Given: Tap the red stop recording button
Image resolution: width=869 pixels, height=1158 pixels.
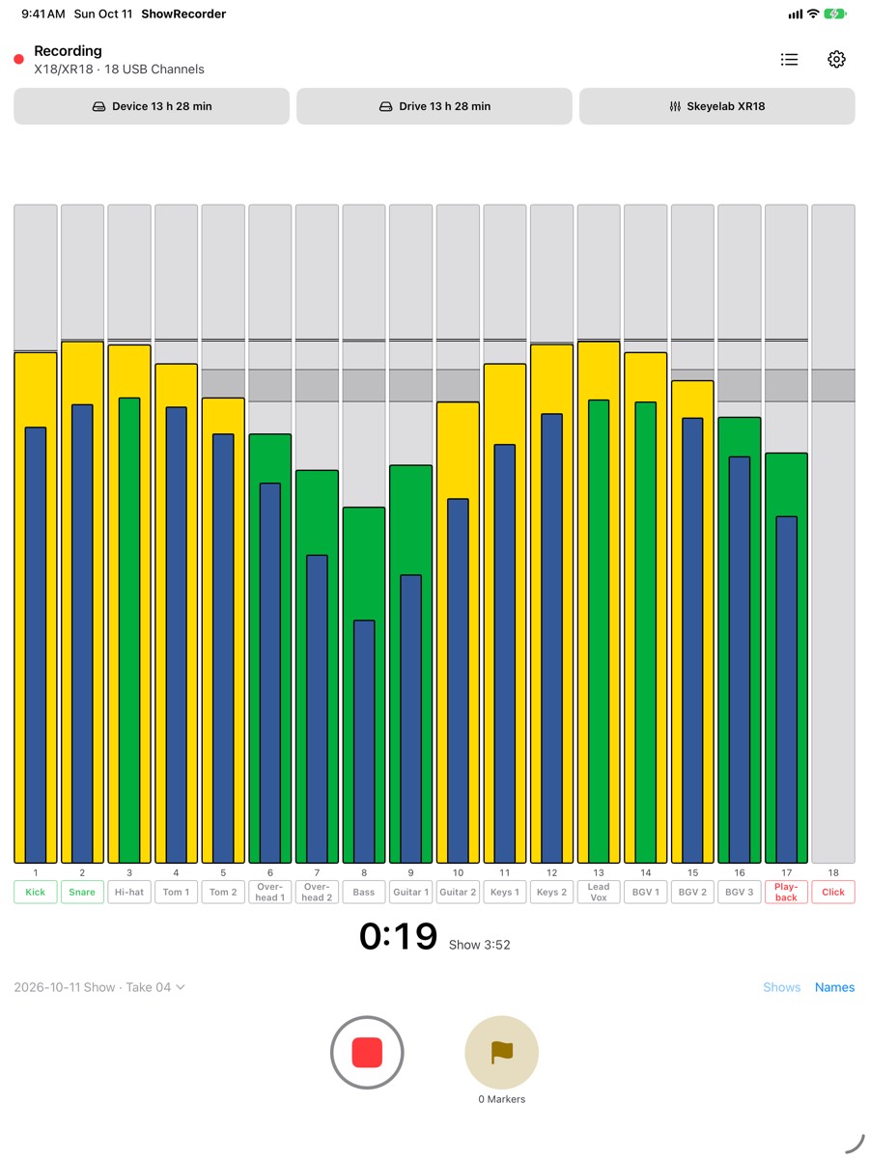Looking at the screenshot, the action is coord(367,1052).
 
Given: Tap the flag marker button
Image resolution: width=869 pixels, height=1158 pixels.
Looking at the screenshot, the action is coord(501,1052).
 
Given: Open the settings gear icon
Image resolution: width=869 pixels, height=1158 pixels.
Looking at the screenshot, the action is coord(836,59).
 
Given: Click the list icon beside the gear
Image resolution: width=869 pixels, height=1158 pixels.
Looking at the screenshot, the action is coord(789,59).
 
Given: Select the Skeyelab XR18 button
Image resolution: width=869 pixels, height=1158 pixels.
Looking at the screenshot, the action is coord(716,106).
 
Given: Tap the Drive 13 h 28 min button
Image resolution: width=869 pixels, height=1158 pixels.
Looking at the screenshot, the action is coord(434,106).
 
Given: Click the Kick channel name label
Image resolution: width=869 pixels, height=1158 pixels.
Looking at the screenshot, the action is coord(36,892).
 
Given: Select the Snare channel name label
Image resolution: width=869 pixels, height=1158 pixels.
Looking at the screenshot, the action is coord(82,892).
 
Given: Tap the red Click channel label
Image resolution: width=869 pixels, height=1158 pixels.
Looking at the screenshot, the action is coord(832,892).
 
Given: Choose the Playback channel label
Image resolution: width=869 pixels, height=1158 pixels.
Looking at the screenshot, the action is coord(786,892).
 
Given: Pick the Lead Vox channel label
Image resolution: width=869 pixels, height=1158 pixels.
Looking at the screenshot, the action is coord(599,892).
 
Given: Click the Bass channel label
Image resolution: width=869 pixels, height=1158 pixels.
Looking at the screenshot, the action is coord(364,892).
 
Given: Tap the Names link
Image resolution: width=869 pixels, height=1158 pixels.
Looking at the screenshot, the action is coord(834,987).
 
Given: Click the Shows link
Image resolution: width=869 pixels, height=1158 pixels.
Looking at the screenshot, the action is coord(781,987).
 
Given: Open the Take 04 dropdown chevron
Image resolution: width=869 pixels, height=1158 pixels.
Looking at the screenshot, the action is coord(181,987).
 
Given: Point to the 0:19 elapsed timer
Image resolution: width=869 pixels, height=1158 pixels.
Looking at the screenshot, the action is coord(399,936).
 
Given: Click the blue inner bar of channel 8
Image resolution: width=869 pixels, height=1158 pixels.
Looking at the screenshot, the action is coord(364,741).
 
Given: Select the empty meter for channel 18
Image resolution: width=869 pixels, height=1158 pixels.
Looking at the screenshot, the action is coord(833,534).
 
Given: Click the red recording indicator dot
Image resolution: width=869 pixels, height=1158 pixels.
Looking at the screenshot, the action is coord(19,59).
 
